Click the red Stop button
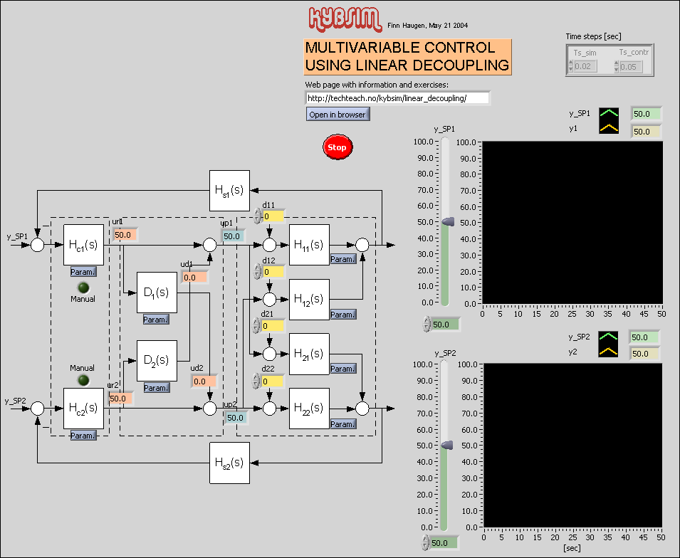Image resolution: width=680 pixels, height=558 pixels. [338, 147]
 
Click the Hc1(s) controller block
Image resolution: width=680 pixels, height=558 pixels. [83, 245]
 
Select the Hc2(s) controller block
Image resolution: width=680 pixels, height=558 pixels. [83, 409]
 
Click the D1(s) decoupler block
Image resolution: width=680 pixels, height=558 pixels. [157, 293]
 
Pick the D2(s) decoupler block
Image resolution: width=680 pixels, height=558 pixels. [157, 361]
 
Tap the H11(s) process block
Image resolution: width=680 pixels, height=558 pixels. [309, 245]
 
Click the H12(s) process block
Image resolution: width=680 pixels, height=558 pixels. [309, 300]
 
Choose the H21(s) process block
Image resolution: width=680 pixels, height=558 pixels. [309, 354]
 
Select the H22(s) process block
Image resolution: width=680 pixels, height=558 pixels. [309, 409]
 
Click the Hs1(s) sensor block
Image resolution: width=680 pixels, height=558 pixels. [229, 191]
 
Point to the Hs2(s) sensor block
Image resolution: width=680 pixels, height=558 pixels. [229, 463]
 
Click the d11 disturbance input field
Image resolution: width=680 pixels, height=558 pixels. [273, 216]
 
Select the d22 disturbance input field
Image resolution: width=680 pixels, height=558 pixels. [273, 381]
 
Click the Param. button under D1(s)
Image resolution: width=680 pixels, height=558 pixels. [156, 320]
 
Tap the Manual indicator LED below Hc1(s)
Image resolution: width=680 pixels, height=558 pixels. [83, 288]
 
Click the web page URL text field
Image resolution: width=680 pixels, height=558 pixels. [397, 98]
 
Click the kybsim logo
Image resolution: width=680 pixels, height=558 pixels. [345, 17]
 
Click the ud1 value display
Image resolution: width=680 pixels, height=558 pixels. [194, 278]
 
